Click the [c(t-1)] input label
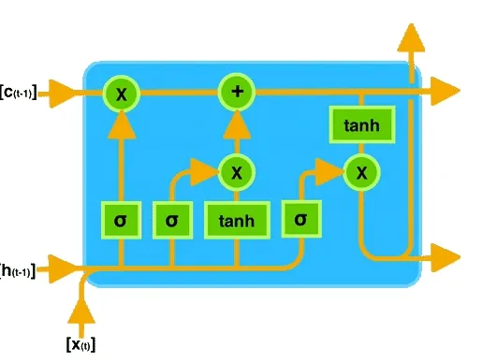(x=19, y=92)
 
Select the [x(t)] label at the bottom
(x=81, y=343)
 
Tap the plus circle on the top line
(x=237, y=92)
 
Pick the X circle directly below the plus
(x=237, y=171)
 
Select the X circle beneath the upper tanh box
(x=359, y=171)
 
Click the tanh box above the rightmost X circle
(x=355, y=124)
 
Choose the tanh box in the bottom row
(x=237, y=220)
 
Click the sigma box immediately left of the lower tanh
(x=172, y=220)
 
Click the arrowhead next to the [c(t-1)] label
(x=60, y=92)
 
